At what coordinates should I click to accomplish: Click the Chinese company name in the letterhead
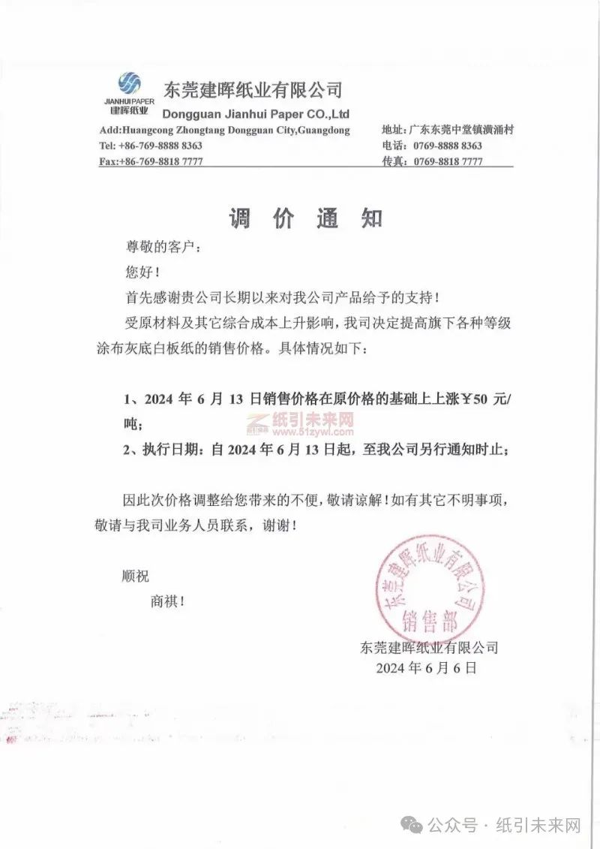pos(252,91)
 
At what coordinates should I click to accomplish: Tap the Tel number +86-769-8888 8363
pos(151,146)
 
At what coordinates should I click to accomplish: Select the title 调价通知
pos(305,218)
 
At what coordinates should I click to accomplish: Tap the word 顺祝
pos(136,577)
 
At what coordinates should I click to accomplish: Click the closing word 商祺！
pos(167,601)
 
